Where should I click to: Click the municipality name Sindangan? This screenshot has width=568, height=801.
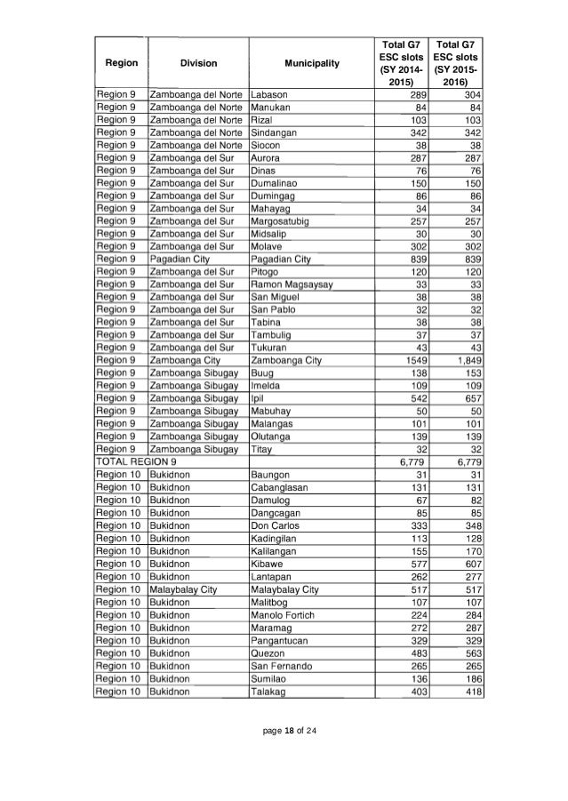coord(276,131)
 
